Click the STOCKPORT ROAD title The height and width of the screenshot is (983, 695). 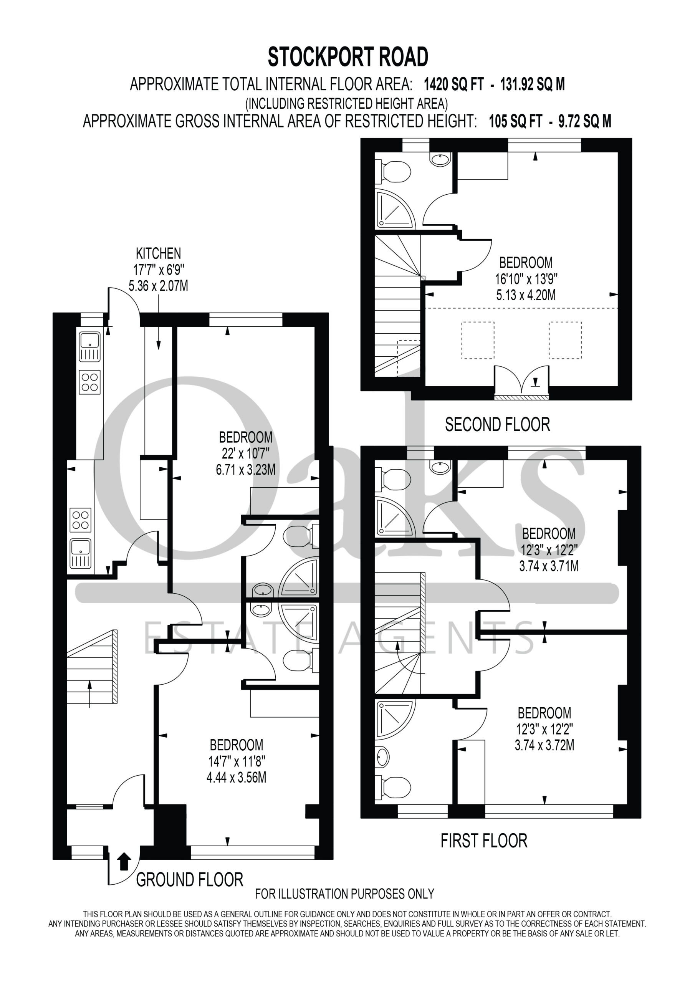(348, 57)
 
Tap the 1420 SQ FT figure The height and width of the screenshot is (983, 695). (453, 85)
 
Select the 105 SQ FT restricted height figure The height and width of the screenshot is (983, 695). (516, 122)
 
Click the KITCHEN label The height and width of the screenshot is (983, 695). (159, 253)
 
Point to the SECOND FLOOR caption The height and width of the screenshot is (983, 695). (497, 425)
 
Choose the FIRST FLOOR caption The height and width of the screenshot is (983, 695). (484, 841)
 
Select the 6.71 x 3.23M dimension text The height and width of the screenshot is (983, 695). (245, 470)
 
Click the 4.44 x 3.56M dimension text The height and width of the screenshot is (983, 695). (237, 777)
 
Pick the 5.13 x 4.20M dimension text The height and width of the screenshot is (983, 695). (526, 295)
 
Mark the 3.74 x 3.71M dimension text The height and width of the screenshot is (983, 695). (549, 566)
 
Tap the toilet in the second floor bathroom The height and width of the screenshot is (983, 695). (393, 171)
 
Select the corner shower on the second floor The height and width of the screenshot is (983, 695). (395, 209)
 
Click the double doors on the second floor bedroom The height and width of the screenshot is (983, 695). (521, 380)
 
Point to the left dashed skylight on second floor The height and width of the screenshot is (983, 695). (477, 340)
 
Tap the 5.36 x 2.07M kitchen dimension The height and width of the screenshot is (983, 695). (159, 286)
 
